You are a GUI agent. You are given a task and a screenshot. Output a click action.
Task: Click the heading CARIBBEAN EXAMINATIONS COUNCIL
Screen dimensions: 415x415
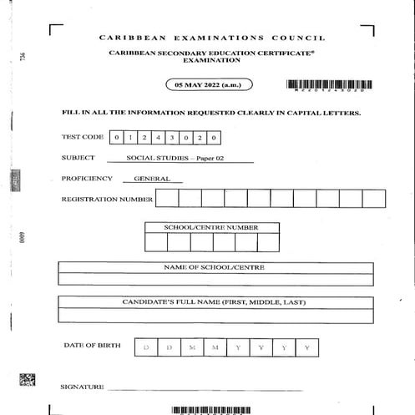(x=211, y=38)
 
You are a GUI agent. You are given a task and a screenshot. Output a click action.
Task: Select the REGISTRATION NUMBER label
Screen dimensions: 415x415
(x=107, y=200)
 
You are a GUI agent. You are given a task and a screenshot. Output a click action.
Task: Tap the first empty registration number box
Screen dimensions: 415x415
(x=167, y=199)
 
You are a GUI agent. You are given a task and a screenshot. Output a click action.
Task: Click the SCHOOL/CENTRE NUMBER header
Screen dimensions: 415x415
(x=211, y=227)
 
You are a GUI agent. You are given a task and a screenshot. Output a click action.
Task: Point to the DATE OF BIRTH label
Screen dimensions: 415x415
(x=92, y=345)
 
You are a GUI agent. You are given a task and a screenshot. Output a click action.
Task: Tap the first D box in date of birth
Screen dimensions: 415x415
(x=145, y=347)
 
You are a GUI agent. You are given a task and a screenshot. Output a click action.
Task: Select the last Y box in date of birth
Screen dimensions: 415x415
(x=306, y=347)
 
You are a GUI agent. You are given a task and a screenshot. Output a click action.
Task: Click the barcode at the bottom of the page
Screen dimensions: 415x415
(x=211, y=410)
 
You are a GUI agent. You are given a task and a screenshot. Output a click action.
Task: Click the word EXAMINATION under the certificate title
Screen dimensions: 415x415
(x=211, y=61)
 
